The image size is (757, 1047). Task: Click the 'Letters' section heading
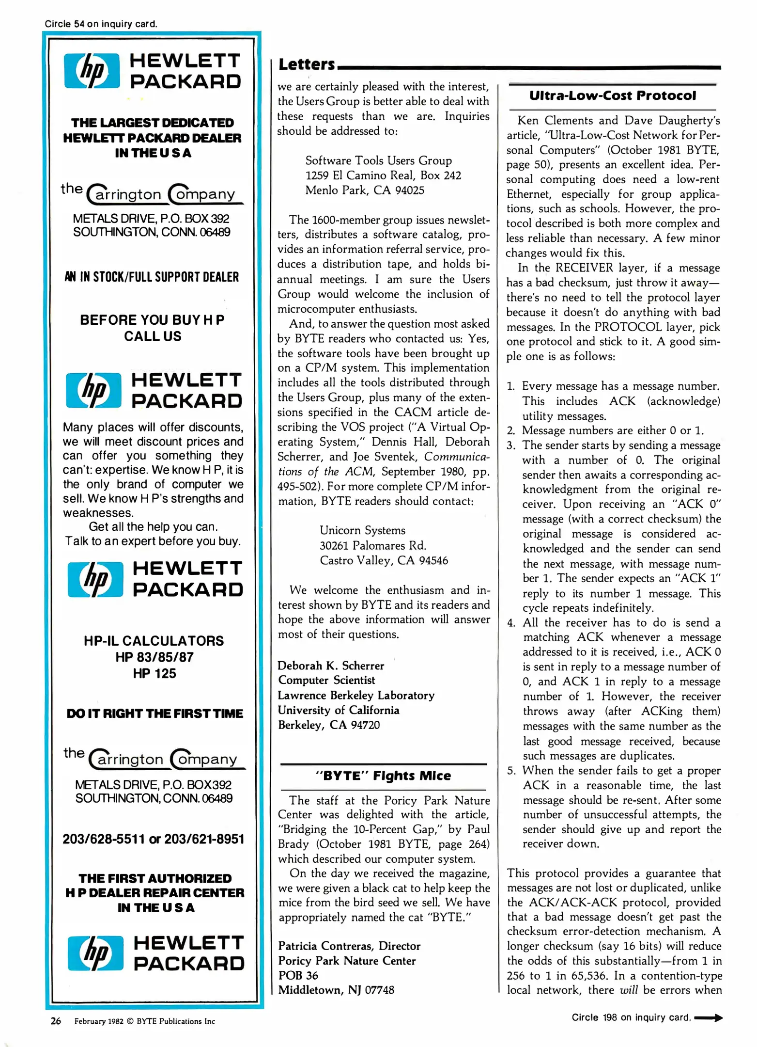307,64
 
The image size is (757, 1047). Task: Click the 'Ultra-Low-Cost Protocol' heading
612,95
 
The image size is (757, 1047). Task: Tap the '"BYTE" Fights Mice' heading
383,776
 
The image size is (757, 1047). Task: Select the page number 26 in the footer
56,1021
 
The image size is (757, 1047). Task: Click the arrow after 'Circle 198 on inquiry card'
709,1017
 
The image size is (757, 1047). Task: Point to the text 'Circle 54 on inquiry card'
101,24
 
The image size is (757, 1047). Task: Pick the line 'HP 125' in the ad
154,673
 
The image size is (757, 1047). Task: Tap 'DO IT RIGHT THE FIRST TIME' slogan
154,714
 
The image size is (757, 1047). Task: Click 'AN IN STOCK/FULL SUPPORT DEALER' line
152,277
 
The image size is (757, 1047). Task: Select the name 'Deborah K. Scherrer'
331,666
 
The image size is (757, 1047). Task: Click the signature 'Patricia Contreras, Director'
349,946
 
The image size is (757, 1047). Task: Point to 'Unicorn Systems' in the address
362,530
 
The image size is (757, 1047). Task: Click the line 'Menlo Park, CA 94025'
365,190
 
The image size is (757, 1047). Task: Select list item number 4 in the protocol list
511,623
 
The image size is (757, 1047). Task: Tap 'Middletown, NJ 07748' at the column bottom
336,990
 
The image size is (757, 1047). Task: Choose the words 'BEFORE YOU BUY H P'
152,320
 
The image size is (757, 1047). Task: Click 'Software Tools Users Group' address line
378,160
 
